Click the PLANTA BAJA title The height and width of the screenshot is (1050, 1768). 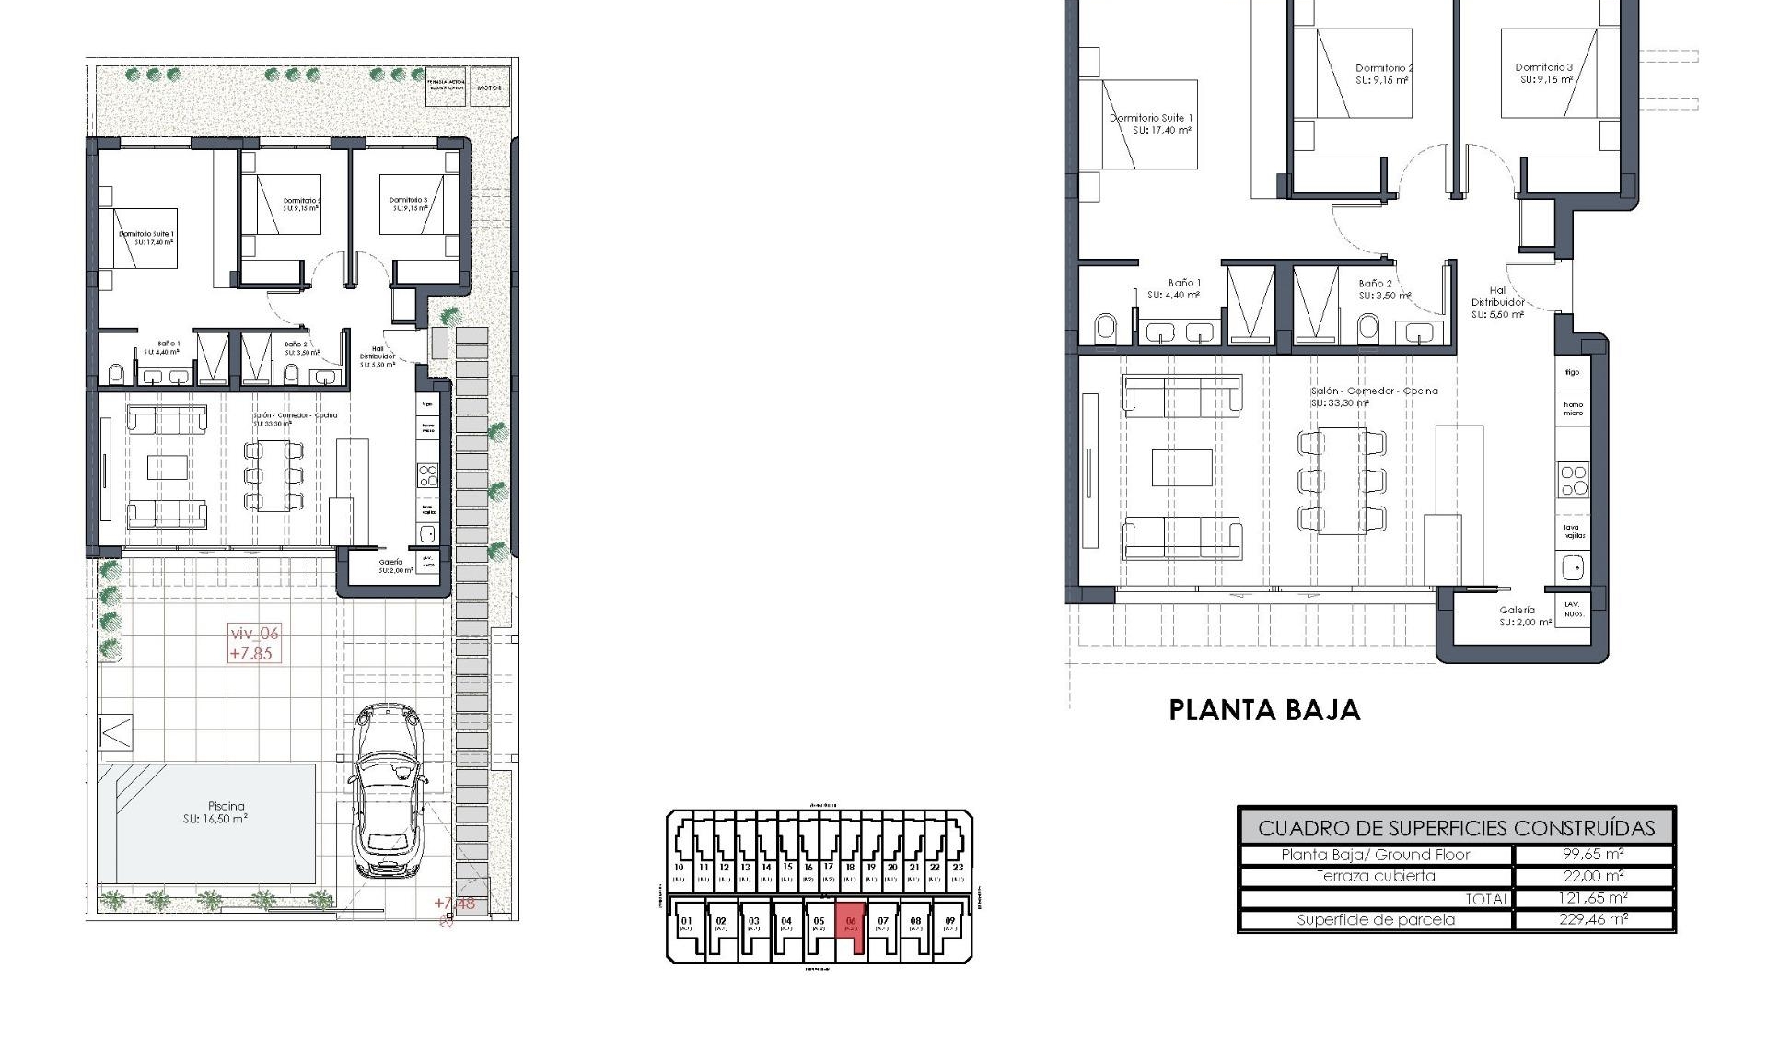(x=1263, y=710)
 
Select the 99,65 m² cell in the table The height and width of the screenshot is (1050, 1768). (x=1592, y=855)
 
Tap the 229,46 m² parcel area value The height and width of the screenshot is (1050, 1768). (x=1592, y=919)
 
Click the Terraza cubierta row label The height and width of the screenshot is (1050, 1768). (x=1376, y=876)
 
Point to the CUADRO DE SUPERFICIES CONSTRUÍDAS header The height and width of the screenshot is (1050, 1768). (x=1456, y=827)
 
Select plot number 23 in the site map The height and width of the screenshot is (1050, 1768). (x=958, y=868)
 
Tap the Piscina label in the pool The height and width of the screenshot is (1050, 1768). (x=226, y=806)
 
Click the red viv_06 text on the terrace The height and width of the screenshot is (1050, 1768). (x=253, y=634)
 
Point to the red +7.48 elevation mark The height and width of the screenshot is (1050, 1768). (x=455, y=904)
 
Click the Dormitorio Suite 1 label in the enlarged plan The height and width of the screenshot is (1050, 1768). (x=1150, y=118)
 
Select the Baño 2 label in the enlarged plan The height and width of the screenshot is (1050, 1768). (x=1376, y=284)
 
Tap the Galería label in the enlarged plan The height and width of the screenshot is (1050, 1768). (x=1517, y=610)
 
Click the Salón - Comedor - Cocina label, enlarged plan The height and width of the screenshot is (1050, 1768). (x=1374, y=391)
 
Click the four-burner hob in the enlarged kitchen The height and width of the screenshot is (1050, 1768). (x=1573, y=481)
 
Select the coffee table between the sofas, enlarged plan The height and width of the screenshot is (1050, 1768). (x=1182, y=467)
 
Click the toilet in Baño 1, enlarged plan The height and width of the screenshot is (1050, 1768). (x=1105, y=327)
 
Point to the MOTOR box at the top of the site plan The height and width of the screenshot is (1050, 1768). (x=489, y=87)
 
